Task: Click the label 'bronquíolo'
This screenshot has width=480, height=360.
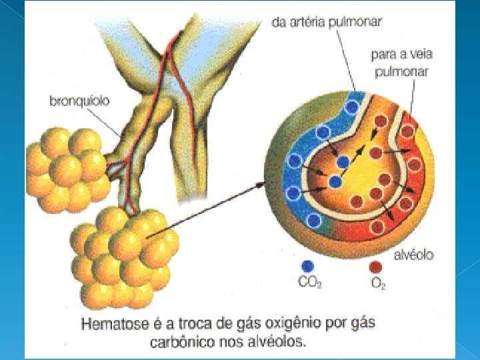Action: (x=80, y=101)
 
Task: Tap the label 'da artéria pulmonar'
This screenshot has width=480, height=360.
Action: (x=327, y=22)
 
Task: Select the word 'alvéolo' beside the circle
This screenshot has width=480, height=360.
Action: (x=414, y=255)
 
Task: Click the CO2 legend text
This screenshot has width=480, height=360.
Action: (x=310, y=283)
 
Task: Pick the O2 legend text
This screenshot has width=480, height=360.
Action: (x=378, y=283)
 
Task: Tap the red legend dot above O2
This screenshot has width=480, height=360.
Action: (x=375, y=267)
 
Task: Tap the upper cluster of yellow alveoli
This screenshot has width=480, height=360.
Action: (x=67, y=167)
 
